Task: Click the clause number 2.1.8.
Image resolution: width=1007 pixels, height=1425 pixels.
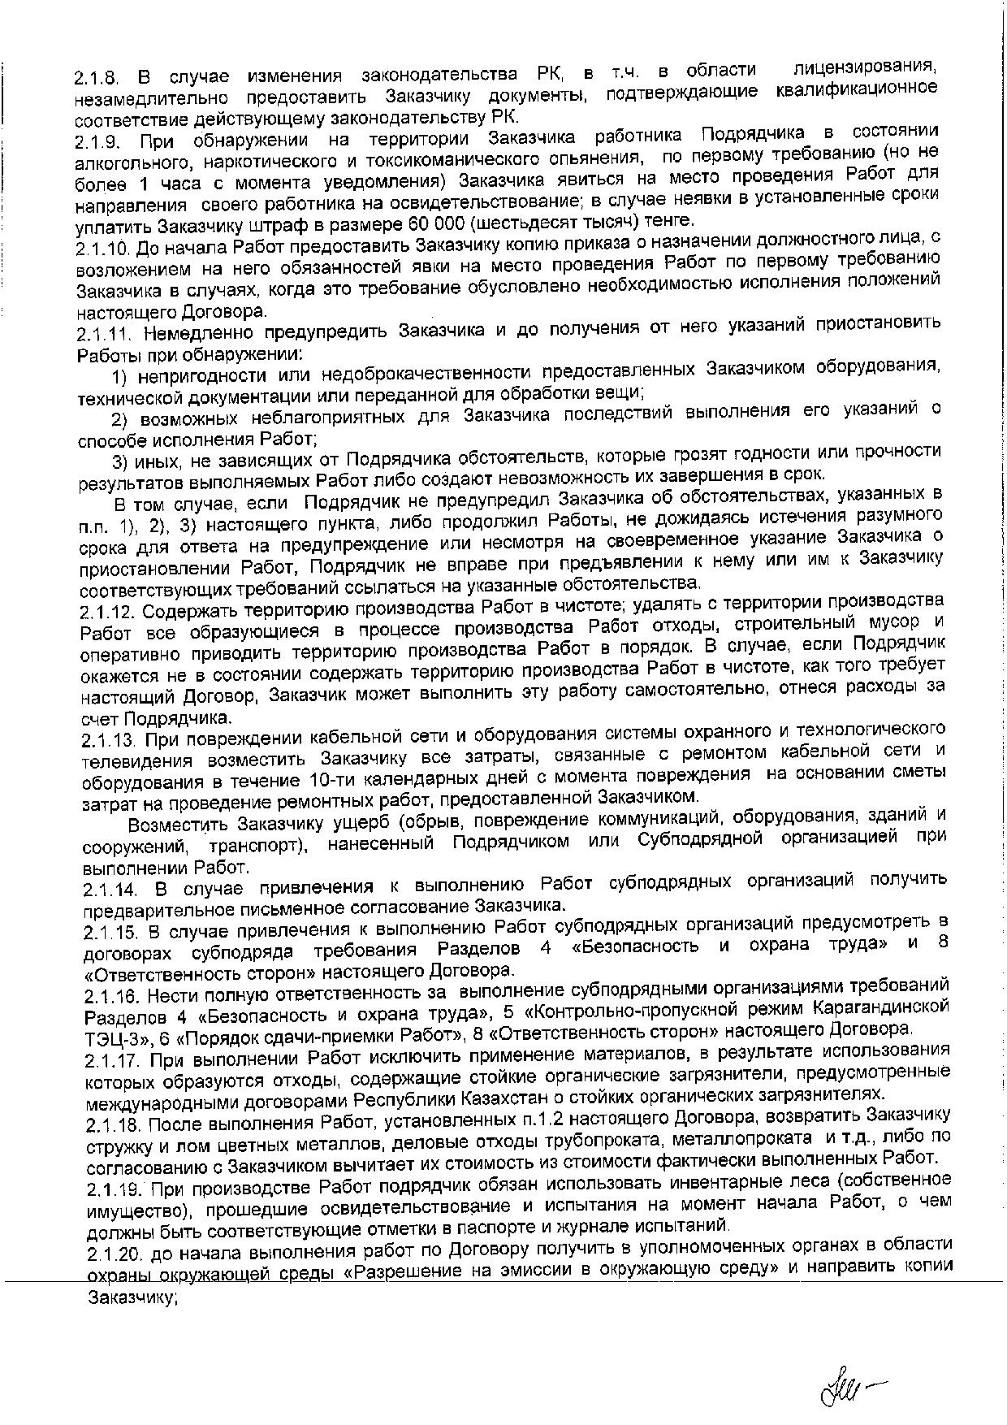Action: (x=97, y=80)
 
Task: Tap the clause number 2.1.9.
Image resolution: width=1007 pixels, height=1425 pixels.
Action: (x=97, y=143)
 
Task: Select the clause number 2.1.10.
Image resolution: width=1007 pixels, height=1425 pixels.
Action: (x=103, y=248)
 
